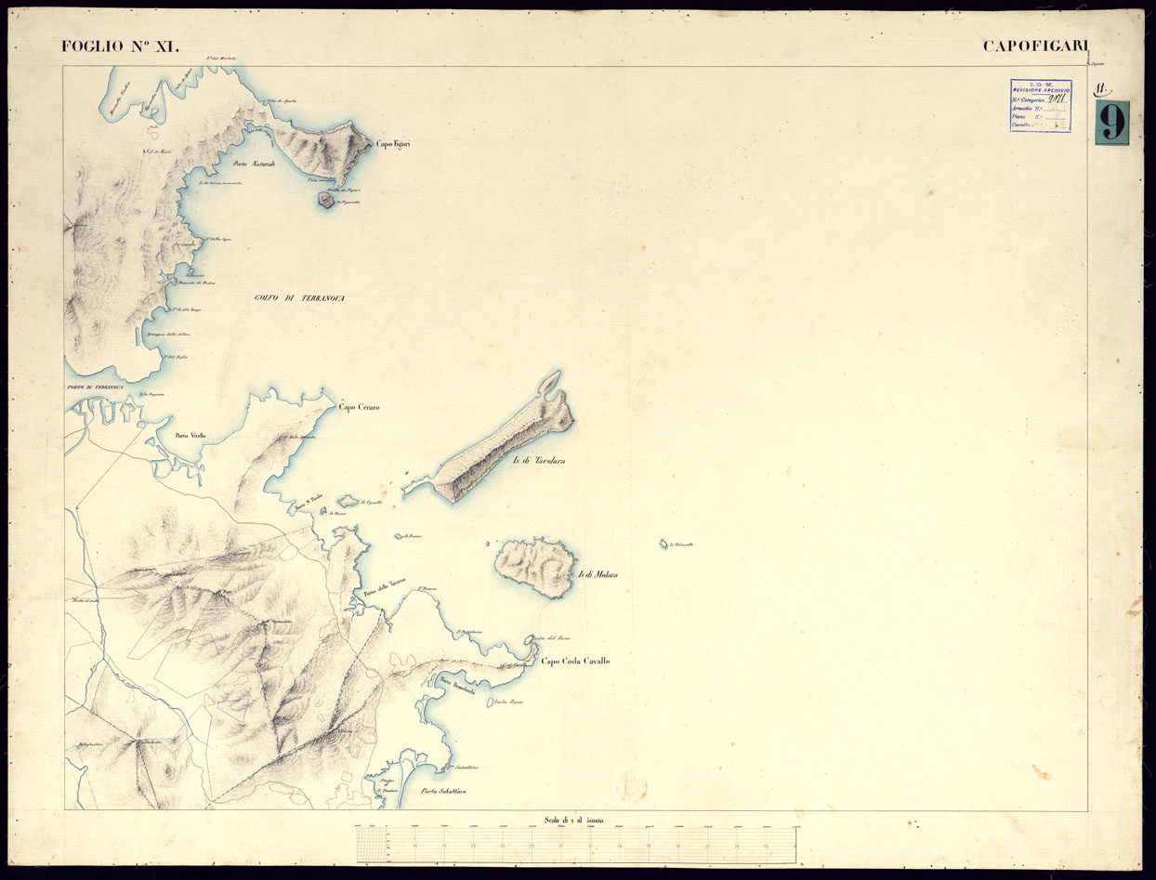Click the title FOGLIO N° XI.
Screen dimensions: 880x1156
click(120, 46)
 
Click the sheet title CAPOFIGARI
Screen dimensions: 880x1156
click(1035, 46)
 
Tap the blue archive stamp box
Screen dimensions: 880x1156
click(1040, 105)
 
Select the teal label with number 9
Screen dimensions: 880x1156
click(1111, 123)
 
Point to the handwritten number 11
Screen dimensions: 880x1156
click(1102, 89)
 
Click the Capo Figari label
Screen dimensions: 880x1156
click(393, 144)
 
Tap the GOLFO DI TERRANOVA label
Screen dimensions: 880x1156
click(299, 297)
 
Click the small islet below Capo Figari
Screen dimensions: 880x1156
click(326, 198)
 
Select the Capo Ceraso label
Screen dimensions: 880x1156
click(359, 407)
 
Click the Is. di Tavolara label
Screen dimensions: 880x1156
click(539, 461)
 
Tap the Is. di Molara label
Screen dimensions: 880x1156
click(598, 575)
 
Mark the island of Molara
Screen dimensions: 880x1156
click(533, 566)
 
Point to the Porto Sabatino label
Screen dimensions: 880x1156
click(442, 792)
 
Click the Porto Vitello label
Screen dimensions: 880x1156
click(190, 435)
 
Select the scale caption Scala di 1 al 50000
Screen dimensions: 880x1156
click(575, 820)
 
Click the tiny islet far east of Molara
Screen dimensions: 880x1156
click(663, 544)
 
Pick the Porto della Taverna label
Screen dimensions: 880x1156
click(385, 595)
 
